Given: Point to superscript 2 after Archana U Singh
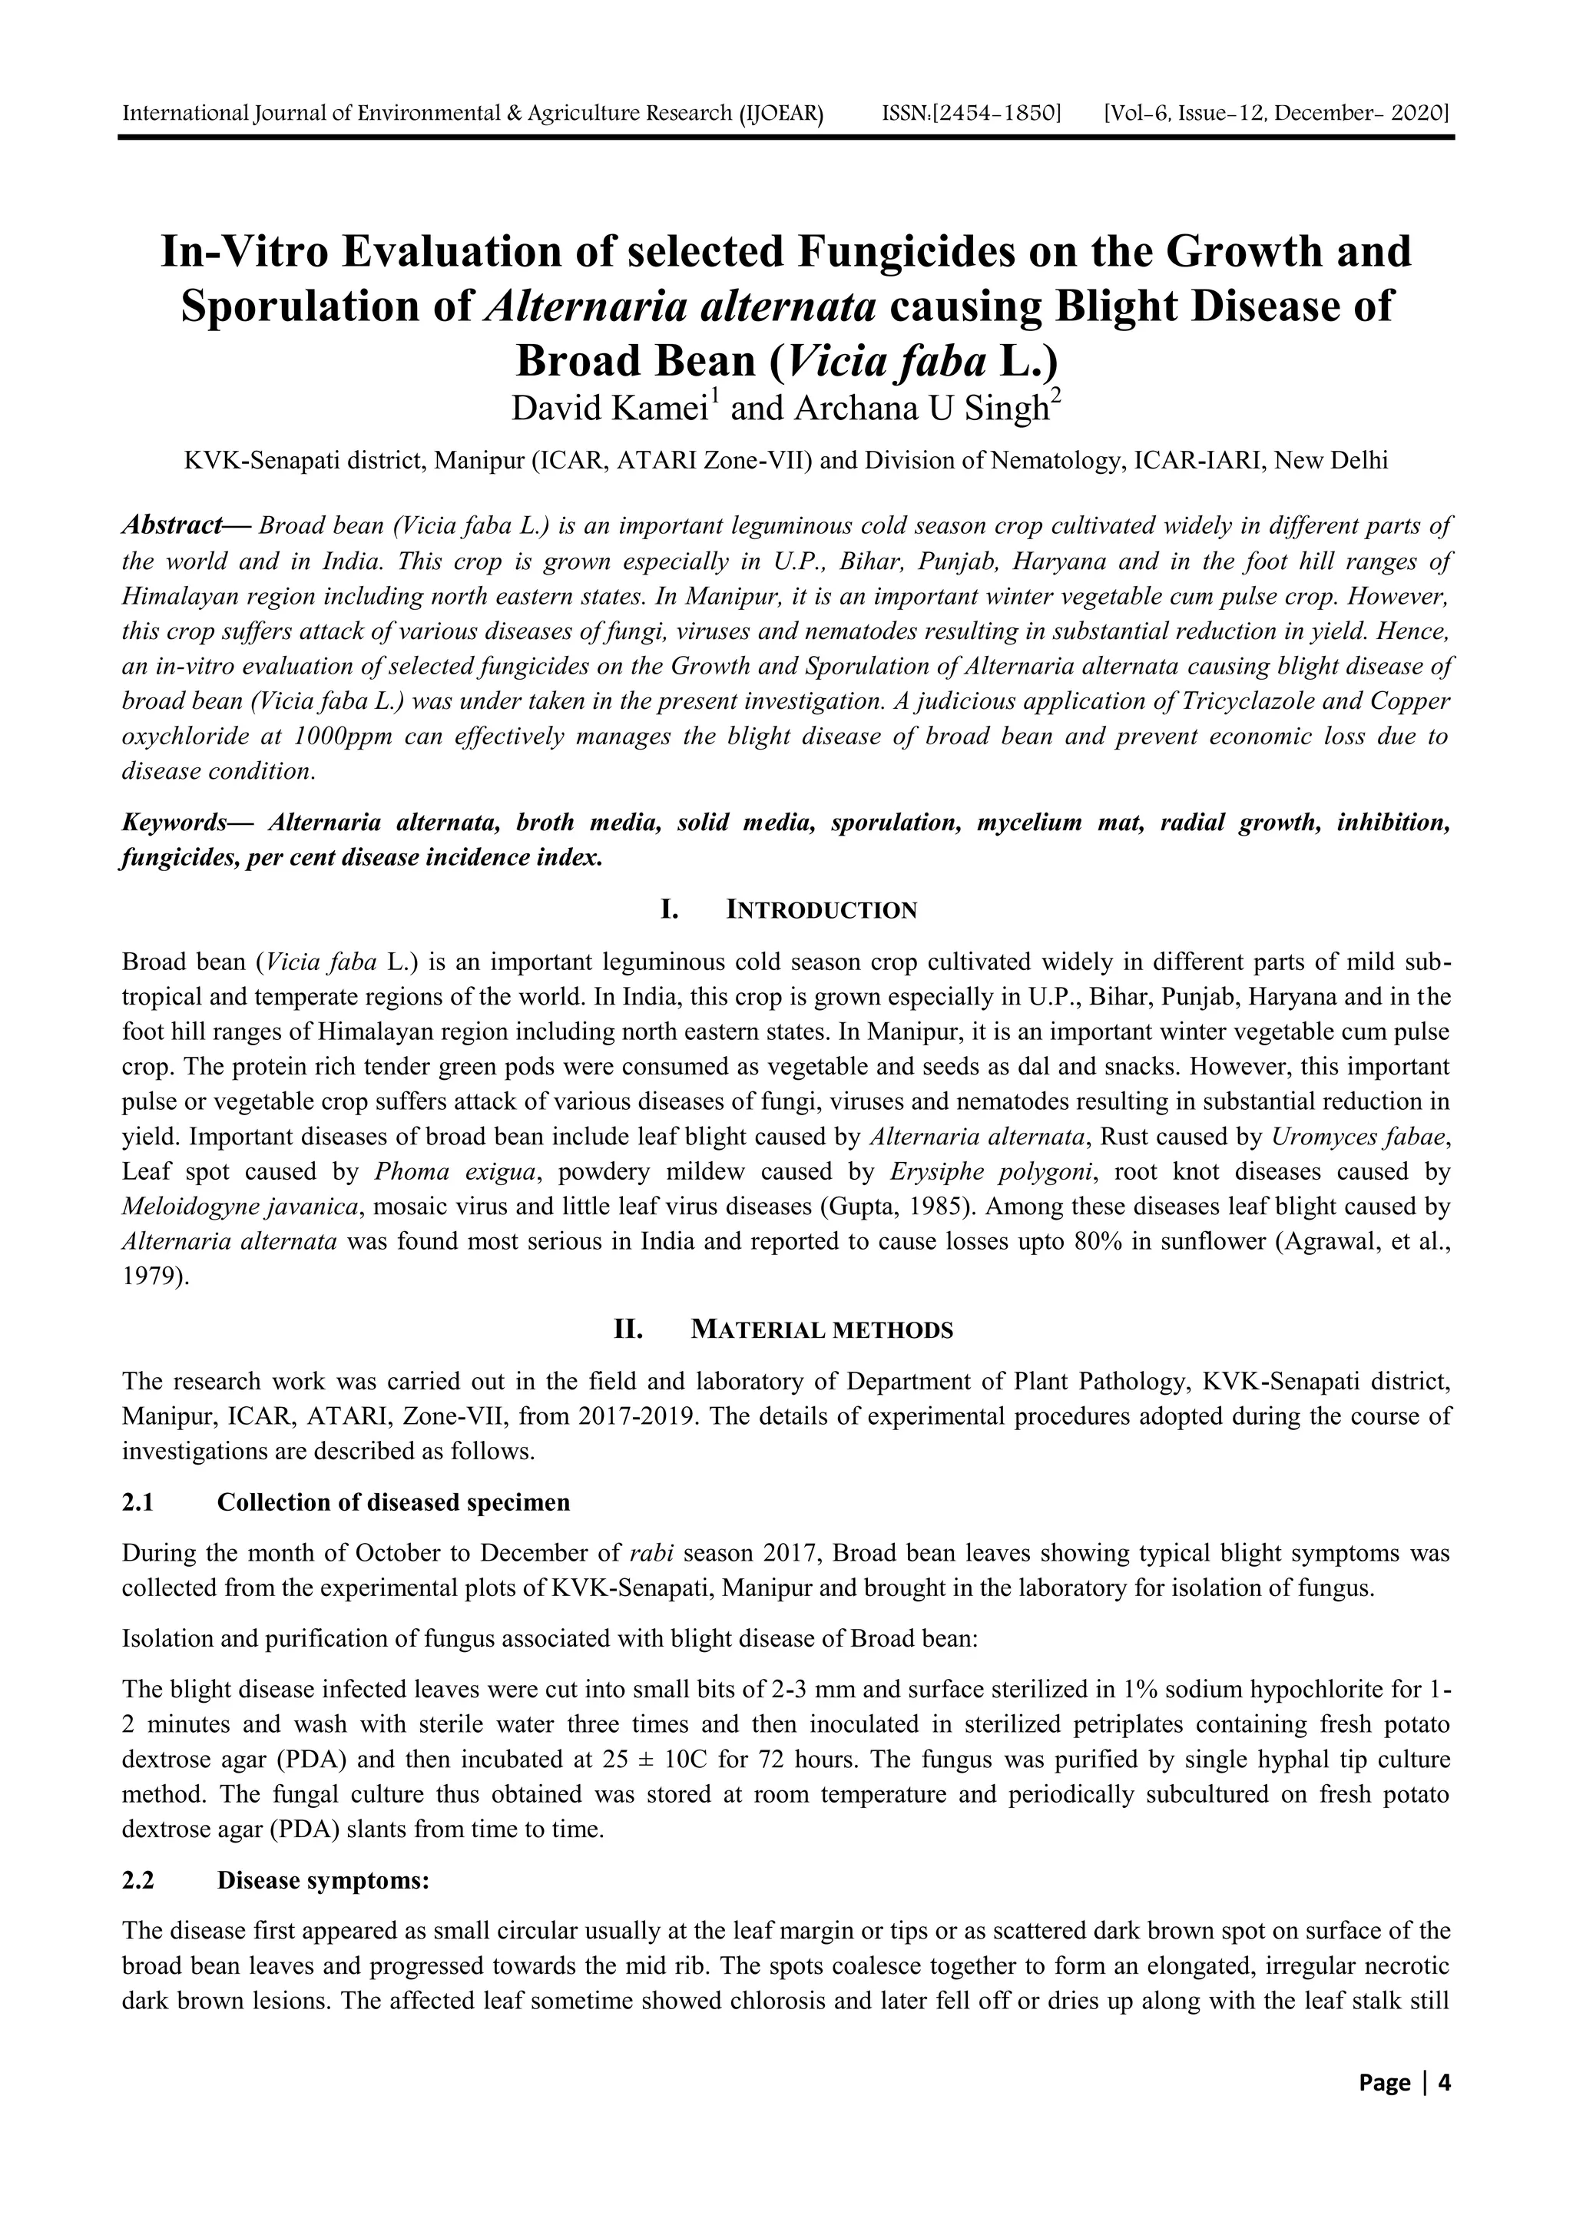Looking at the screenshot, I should [1056, 396].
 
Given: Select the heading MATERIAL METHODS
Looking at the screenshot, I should [821, 1329].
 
